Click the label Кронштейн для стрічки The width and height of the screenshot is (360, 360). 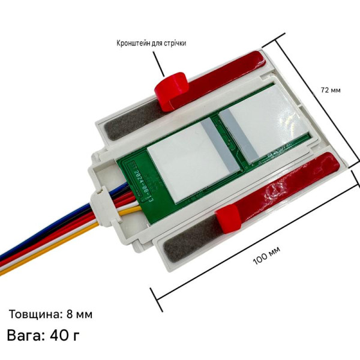pos(151,43)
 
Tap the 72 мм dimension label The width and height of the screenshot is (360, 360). pos(331,90)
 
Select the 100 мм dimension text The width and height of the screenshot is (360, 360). pos(266,256)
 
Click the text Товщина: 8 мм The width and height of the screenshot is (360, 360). pos(50,314)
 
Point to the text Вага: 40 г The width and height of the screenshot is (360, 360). pos(43,335)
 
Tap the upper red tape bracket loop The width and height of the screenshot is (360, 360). pos(171,91)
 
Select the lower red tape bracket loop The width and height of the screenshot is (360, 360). pos(229,219)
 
